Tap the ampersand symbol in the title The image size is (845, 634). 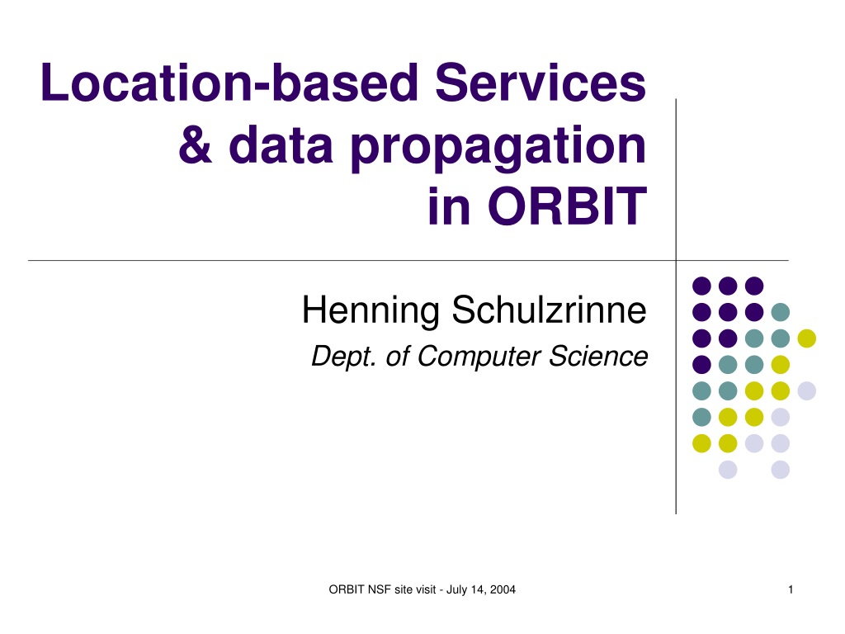(196, 144)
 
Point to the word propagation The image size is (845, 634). (498, 148)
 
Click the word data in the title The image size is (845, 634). (281, 144)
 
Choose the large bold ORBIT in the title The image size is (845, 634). (567, 206)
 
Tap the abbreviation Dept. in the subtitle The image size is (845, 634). (343, 357)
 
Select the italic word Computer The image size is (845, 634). (479, 357)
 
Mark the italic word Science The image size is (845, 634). (598, 357)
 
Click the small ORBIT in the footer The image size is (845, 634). (347, 589)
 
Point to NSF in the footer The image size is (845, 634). (380, 589)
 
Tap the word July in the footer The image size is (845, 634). (456, 590)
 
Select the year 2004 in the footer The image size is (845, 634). (503, 589)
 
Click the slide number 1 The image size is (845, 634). (791, 589)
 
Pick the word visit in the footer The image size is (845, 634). (425, 589)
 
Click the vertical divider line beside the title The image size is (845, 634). (676, 306)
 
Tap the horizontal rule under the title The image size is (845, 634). (408, 260)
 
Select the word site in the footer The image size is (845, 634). (403, 589)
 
